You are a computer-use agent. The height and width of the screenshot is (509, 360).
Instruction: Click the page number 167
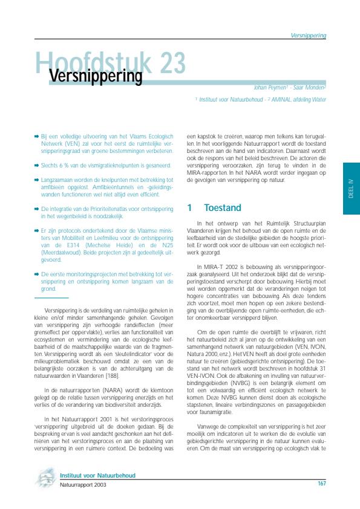point(322,484)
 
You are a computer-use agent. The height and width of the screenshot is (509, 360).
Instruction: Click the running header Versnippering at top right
point(309,36)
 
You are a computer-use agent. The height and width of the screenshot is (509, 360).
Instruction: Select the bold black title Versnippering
point(95,77)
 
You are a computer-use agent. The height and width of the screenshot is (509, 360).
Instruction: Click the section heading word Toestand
point(223,207)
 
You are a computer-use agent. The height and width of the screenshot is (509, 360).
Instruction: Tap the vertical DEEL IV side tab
point(351,189)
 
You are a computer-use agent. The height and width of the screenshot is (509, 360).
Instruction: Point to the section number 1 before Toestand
point(189,207)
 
